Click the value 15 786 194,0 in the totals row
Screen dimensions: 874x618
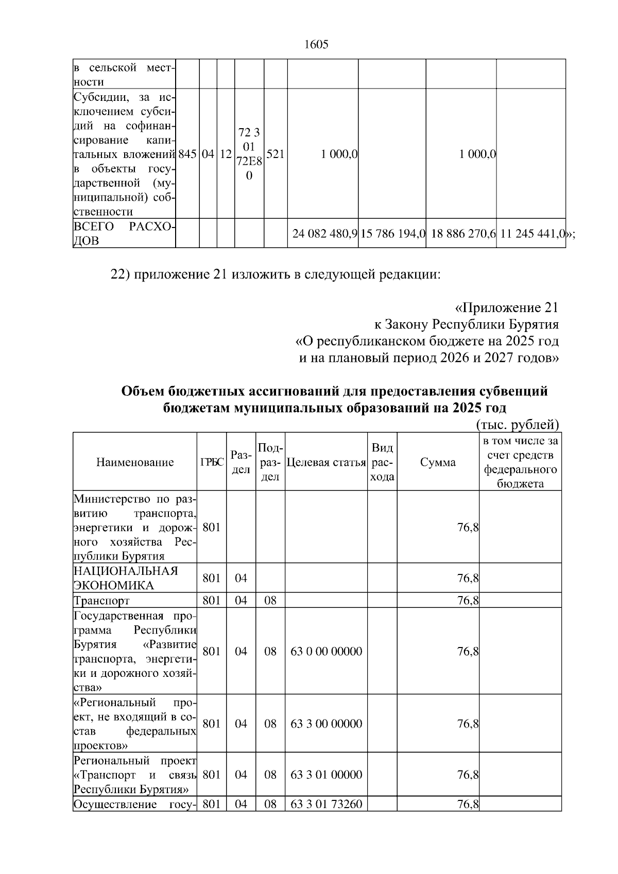(x=392, y=234)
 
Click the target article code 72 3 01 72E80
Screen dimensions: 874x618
(x=249, y=154)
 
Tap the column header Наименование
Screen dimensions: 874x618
(x=135, y=462)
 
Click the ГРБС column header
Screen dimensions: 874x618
(x=212, y=462)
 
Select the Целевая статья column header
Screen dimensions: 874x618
(x=326, y=462)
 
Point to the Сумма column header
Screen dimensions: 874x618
(x=438, y=462)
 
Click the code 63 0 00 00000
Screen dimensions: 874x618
(x=326, y=651)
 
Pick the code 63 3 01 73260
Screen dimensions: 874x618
(x=326, y=804)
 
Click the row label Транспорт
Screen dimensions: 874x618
(x=102, y=601)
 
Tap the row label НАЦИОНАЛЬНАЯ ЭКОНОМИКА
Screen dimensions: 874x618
(x=126, y=578)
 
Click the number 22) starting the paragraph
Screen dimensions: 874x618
(x=121, y=274)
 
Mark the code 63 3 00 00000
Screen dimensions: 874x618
(x=326, y=724)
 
